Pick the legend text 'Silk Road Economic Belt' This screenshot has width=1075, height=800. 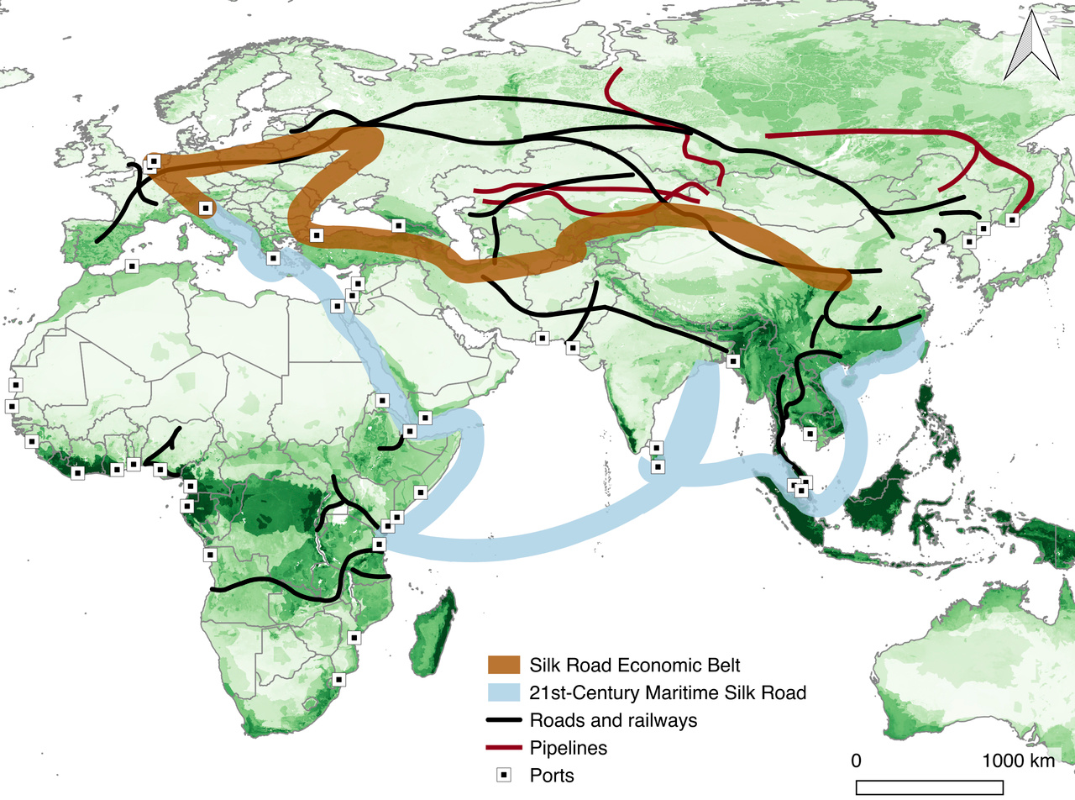pos(635,665)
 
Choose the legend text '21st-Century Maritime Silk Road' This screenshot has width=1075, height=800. pos(668,692)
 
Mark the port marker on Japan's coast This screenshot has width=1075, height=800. pos(1012,219)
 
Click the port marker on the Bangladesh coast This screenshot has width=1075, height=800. pos(733,361)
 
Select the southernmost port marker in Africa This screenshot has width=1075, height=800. pos(338,679)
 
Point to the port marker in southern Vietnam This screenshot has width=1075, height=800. pos(809,434)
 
